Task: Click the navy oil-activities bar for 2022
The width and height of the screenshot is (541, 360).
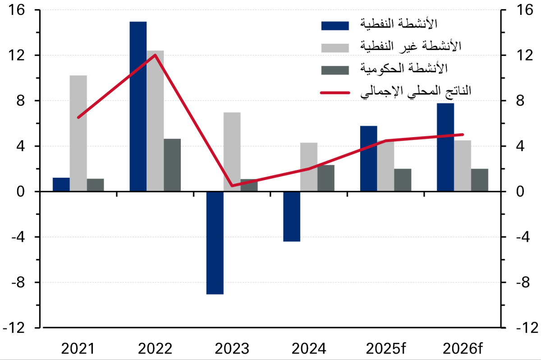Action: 138,106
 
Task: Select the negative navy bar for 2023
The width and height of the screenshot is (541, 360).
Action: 215,243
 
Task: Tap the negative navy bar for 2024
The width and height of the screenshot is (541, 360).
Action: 292,217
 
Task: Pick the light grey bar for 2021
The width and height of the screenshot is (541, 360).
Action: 78,133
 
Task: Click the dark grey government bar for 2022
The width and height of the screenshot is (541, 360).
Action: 172,165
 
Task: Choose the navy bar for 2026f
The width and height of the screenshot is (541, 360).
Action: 445,147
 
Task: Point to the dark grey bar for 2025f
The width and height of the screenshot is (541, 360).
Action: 403,180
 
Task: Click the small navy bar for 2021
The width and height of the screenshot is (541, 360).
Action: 61,185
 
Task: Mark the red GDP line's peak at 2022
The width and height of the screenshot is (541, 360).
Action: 155,55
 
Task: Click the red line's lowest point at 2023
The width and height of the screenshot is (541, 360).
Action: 232,185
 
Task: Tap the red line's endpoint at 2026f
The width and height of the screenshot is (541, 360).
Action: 463,134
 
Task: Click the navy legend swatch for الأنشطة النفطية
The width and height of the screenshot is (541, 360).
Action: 335,25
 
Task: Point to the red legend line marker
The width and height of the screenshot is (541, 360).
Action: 335,92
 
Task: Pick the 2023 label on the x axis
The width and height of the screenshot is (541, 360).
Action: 232,348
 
